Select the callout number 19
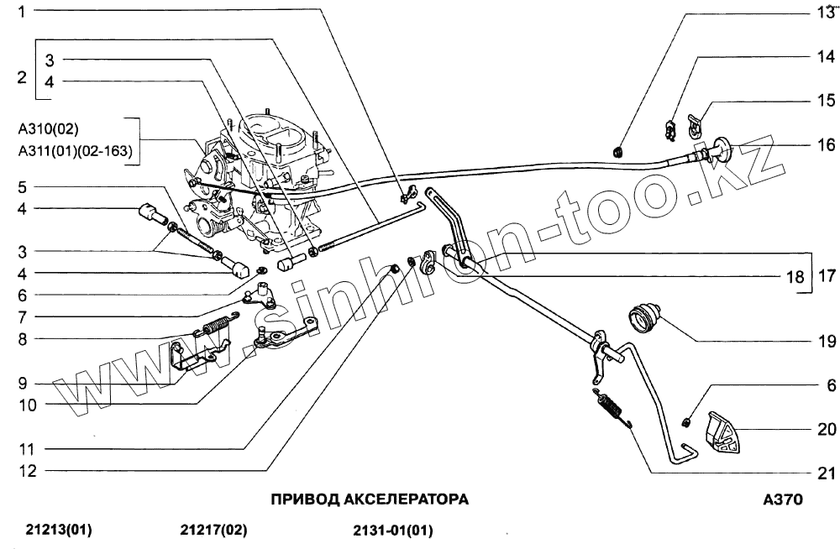click(x=827, y=342)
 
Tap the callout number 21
click(x=827, y=471)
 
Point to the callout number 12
click(x=28, y=471)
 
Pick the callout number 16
click(x=827, y=144)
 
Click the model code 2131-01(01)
click(x=393, y=531)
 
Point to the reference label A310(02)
click(x=48, y=130)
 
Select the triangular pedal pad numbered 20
click(x=722, y=435)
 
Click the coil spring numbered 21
click(x=612, y=409)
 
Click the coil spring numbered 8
click(x=216, y=323)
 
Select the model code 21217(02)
click(x=214, y=531)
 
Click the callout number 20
click(x=827, y=430)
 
